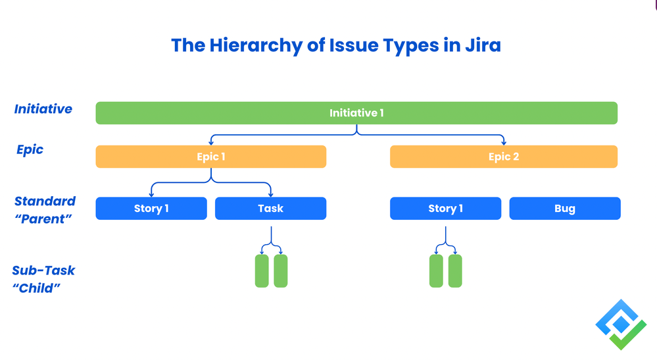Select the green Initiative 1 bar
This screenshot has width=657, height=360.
click(x=356, y=113)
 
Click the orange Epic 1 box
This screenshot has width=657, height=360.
click(x=211, y=157)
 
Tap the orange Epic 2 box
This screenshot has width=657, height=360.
click(x=504, y=157)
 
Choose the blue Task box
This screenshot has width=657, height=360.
click(x=270, y=209)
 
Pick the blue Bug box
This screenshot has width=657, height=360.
click(x=564, y=209)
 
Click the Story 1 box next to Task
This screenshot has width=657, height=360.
click(x=151, y=209)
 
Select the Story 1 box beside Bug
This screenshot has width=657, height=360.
click(x=445, y=209)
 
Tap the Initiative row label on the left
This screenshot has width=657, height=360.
click(x=43, y=109)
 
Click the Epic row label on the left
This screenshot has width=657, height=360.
click(x=30, y=150)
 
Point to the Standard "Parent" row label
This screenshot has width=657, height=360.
click(x=45, y=210)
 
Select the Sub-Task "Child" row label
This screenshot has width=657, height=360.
click(x=43, y=279)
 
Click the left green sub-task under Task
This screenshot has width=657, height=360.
click(x=262, y=271)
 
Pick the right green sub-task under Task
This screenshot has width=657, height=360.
click(x=281, y=271)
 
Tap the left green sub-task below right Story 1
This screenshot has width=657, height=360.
click(x=436, y=271)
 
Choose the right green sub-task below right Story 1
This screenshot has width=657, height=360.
click(x=455, y=271)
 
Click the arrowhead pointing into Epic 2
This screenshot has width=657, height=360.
click(x=504, y=142)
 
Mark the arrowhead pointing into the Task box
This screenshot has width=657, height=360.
click(x=270, y=194)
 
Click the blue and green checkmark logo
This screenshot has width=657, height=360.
click(x=621, y=324)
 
